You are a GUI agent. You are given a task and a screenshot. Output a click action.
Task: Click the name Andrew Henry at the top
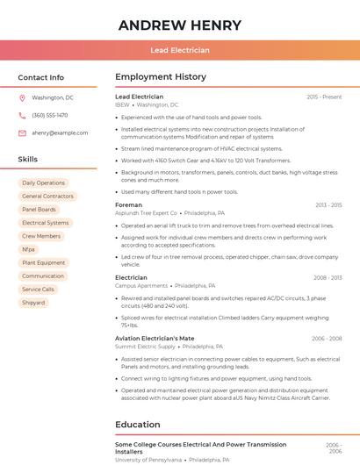(x=179, y=24)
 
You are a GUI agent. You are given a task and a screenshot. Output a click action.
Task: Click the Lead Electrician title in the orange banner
(x=180, y=51)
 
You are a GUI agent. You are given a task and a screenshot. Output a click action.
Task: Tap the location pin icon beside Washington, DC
(x=23, y=97)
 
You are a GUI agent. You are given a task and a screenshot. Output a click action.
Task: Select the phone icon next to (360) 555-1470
(x=23, y=115)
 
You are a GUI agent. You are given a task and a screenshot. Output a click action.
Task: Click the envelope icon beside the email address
(x=23, y=132)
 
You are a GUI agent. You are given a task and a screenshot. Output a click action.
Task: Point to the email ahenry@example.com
(x=60, y=132)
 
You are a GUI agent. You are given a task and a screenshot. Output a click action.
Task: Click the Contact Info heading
(x=41, y=77)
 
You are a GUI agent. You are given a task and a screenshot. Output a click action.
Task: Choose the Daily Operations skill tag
(x=44, y=182)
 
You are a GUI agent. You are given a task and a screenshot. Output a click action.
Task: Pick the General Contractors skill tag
(x=47, y=196)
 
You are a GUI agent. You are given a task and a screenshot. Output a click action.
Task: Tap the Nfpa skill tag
(x=29, y=249)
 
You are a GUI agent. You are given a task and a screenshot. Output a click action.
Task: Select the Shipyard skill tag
(x=33, y=302)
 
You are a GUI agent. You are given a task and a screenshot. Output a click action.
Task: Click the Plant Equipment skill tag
(x=44, y=262)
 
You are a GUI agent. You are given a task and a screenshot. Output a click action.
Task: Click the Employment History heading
(x=161, y=77)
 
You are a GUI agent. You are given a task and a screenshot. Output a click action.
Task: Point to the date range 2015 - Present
(x=324, y=97)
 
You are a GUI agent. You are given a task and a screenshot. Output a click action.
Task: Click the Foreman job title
(x=128, y=204)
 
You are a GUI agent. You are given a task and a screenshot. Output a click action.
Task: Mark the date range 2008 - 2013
(x=327, y=277)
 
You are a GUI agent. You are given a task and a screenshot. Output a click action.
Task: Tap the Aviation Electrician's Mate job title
(x=155, y=338)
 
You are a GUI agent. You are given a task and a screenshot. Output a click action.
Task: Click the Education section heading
(x=137, y=425)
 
